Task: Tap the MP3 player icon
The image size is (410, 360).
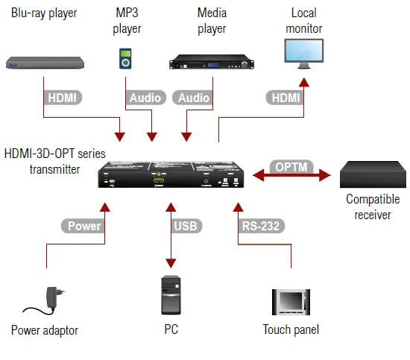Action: (126, 59)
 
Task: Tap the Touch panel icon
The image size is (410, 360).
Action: (289, 302)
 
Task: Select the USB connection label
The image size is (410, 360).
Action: (187, 226)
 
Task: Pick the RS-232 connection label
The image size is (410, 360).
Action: (259, 226)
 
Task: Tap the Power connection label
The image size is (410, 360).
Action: (84, 226)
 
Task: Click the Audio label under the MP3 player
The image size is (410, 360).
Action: (145, 98)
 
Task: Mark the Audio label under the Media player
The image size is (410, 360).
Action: (194, 98)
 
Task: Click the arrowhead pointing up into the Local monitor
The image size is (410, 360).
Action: (303, 80)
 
